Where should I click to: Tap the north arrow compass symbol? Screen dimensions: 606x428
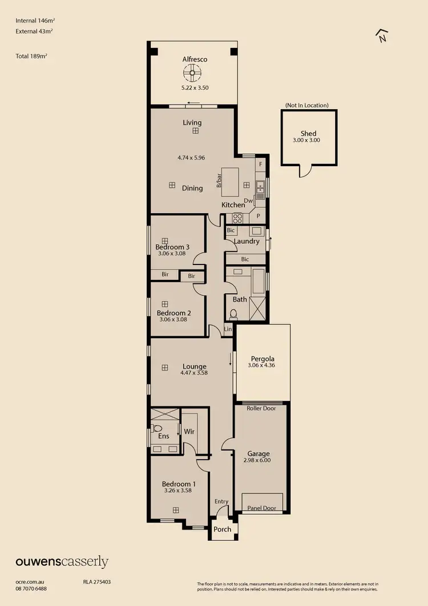(x=382, y=36)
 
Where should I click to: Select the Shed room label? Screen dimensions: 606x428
(x=308, y=134)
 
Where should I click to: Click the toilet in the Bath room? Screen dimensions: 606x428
(x=233, y=314)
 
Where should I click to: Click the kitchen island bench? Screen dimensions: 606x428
(x=231, y=182)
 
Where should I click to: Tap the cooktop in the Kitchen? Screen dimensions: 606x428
(x=237, y=218)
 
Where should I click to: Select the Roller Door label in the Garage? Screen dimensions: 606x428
(x=261, y=408)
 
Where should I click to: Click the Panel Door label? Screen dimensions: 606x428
(x=262, y=508)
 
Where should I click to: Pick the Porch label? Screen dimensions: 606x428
(x=223, y=529)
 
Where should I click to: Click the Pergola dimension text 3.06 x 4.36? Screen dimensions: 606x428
(x=262, y=365)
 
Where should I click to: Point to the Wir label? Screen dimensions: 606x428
(x=189, y=432)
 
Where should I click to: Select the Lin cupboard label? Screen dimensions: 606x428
(x=228, y=330)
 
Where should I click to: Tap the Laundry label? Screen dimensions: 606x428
(x=247, y=242)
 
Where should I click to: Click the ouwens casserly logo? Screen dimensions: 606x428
(x=62, y=562)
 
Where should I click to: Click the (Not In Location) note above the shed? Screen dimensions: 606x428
(x=307, y=105)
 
